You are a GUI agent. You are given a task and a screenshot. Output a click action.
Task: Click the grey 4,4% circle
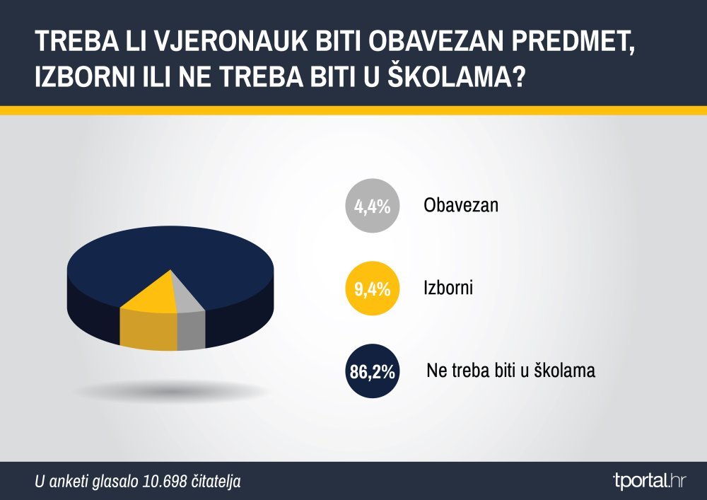point(373,206)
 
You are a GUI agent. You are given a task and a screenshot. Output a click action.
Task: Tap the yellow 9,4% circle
point(373,288)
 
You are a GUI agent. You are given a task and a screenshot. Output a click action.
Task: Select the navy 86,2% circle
point(373,371)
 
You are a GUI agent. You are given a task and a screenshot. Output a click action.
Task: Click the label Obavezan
point(461,205)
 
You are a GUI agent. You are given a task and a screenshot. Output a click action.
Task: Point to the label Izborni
point(448,288)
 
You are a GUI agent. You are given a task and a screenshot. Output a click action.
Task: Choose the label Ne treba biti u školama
point(511,370)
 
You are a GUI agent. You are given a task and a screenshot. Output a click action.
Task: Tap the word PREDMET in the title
point(573,42)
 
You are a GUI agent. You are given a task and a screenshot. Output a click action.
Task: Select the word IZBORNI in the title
point(86,76)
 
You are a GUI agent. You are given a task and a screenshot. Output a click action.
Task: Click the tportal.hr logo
point(650,481)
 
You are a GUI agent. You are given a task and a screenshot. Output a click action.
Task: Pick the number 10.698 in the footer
point(165,482)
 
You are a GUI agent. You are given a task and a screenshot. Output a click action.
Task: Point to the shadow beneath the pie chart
point(174,390)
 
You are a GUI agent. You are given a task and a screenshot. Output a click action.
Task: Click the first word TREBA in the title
point(74,42)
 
